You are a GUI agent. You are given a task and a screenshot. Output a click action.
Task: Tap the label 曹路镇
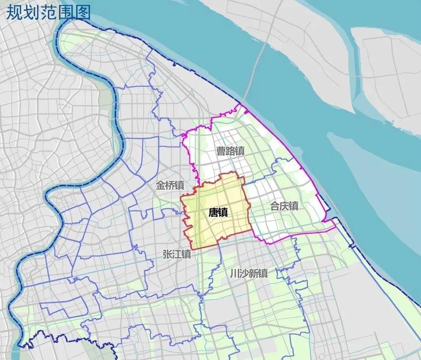point(230,151)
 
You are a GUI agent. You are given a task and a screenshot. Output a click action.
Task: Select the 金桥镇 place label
point(170,185)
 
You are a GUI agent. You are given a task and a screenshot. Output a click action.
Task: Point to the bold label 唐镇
point(218,212)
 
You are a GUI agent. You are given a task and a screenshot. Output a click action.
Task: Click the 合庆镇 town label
point(284,206)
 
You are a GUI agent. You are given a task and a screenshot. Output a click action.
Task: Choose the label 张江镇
point(177,254)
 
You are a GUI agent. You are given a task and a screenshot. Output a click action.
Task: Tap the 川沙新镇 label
point(249,274)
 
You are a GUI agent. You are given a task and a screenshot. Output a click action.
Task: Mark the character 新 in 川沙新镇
point(254,274)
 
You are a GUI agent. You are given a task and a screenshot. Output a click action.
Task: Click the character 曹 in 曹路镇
point(220,151)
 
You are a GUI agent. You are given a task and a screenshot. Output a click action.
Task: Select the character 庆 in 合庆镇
point(284,206)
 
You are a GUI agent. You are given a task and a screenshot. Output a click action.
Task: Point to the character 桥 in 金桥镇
point(170,185)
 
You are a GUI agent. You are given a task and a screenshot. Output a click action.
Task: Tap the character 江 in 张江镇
point(177,254)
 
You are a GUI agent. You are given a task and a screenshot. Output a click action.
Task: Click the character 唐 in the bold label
point(213,212)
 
